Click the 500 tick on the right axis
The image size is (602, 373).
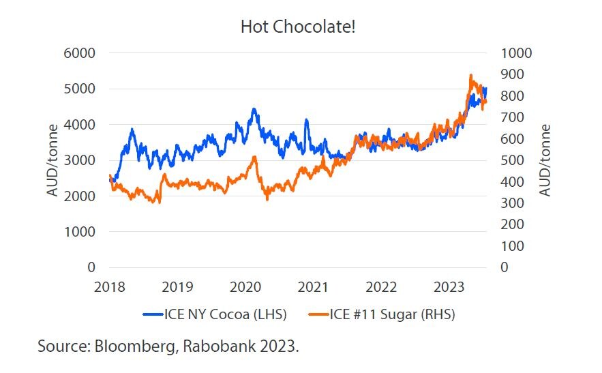pos(511,160)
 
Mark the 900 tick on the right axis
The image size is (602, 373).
pos(511,74)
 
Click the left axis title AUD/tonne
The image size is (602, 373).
pos(53,160)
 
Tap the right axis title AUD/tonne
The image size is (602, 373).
pos(545,160)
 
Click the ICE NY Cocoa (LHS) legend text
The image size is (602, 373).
pos(225,314)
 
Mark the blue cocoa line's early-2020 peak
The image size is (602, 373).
pos(254,109)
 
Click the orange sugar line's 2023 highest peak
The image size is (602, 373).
pos(470,76)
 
